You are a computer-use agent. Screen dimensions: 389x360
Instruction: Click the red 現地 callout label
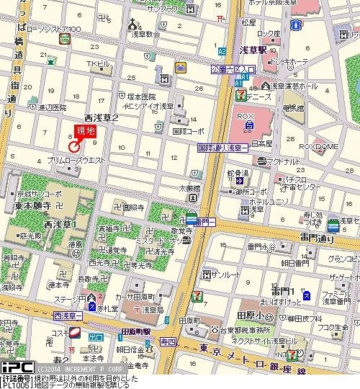pos(85,131)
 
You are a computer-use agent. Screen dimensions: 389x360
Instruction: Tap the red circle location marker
pos(73,146)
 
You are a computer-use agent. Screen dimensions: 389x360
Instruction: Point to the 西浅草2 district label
pos(101,115)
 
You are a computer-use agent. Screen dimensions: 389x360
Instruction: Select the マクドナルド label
pos(282,161)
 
